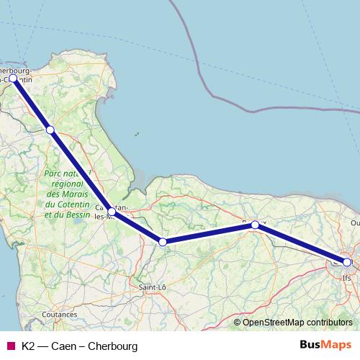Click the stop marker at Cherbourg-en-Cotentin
(13, 78)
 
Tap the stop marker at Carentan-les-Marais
(111, 212)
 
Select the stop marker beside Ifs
(347, 263)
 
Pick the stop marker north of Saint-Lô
(163, 242)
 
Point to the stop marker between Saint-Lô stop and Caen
(255, 225)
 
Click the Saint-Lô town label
(152, 287)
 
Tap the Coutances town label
(60, 315)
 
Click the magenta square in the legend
(10, 346)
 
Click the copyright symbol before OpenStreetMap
(237, 322)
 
